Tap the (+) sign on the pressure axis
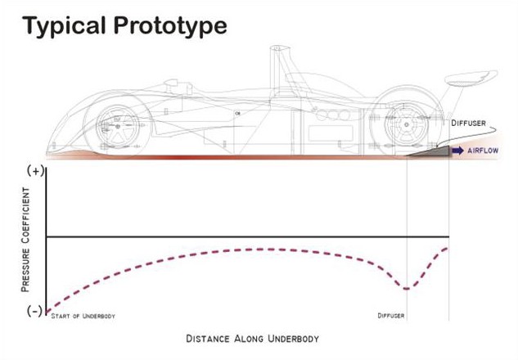(35, 171)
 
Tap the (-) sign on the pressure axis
(35, 312)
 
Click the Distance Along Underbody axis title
(252, 338)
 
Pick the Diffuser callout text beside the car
(469, 124)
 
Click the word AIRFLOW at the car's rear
(484, 151)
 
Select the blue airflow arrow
(457, 151)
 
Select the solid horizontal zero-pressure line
(245, 237)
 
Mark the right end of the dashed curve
(447, 247)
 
